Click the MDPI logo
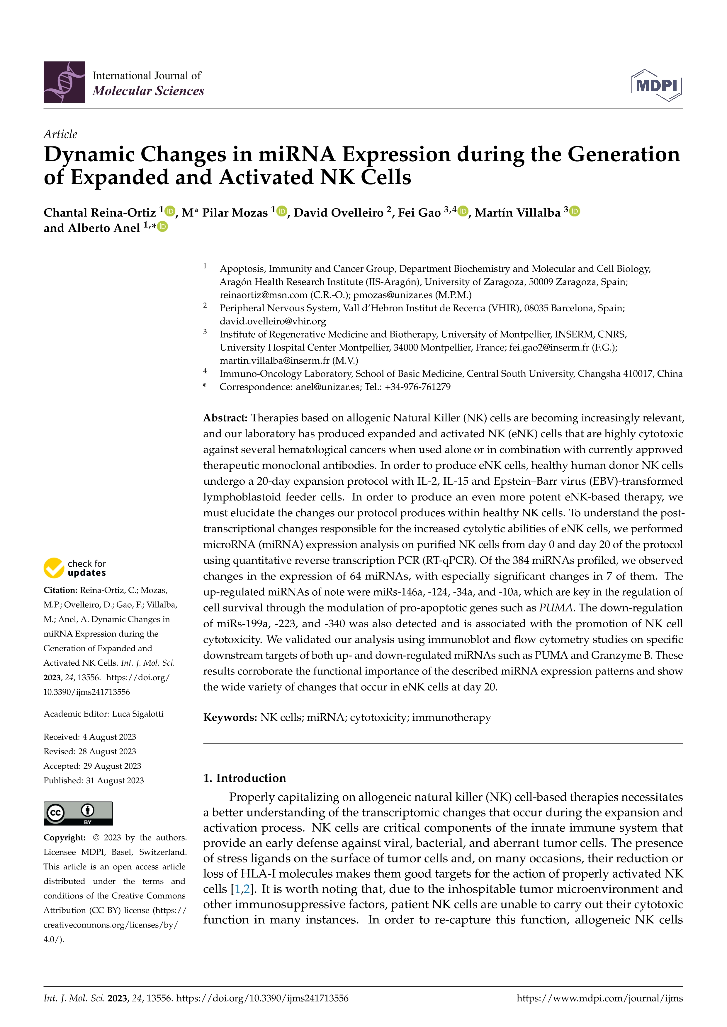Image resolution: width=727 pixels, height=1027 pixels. coord(656,85)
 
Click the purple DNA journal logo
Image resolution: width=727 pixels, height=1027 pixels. coord(64,82)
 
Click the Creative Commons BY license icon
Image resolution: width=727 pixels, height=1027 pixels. coord(78,813)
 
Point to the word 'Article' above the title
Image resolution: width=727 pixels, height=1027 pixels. coord(60,134)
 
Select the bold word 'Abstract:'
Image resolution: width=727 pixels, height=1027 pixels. coord(225,418)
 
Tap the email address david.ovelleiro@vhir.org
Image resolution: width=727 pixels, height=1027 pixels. coord(273,321)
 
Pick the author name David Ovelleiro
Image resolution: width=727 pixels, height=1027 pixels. coord(338,213)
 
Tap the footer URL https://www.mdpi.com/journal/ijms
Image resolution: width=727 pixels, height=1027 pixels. coord(599,998)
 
